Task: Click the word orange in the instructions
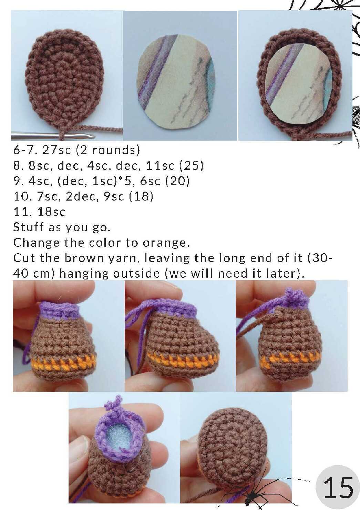(x=166, y=243)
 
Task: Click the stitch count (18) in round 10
(x=141, y=196)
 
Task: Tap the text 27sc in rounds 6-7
(x=56, y=150)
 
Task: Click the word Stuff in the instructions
(x=28, y=227)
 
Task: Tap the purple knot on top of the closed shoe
(x=294, y=296)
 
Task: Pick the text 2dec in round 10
(x=82, y=196)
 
